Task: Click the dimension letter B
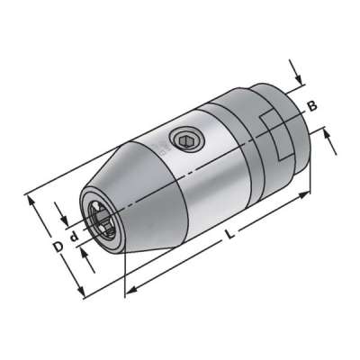tap(313, 105)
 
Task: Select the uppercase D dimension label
tap(56, 246)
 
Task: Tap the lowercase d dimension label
tap(73, 239)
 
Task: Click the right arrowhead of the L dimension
tap(307, 192)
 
